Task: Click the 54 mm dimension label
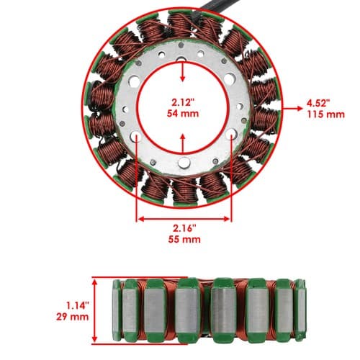[x=183, y=113]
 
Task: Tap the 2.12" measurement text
[x=182, y=102]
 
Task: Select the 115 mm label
[x=325, y=114]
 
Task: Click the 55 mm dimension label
[x=184, y=239]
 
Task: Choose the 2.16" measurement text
[x=184, y=228]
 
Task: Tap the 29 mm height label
[x=73, y=317]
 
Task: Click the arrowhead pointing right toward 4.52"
[x=300, y=109]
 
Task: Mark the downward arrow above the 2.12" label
[x=183, y=71]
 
